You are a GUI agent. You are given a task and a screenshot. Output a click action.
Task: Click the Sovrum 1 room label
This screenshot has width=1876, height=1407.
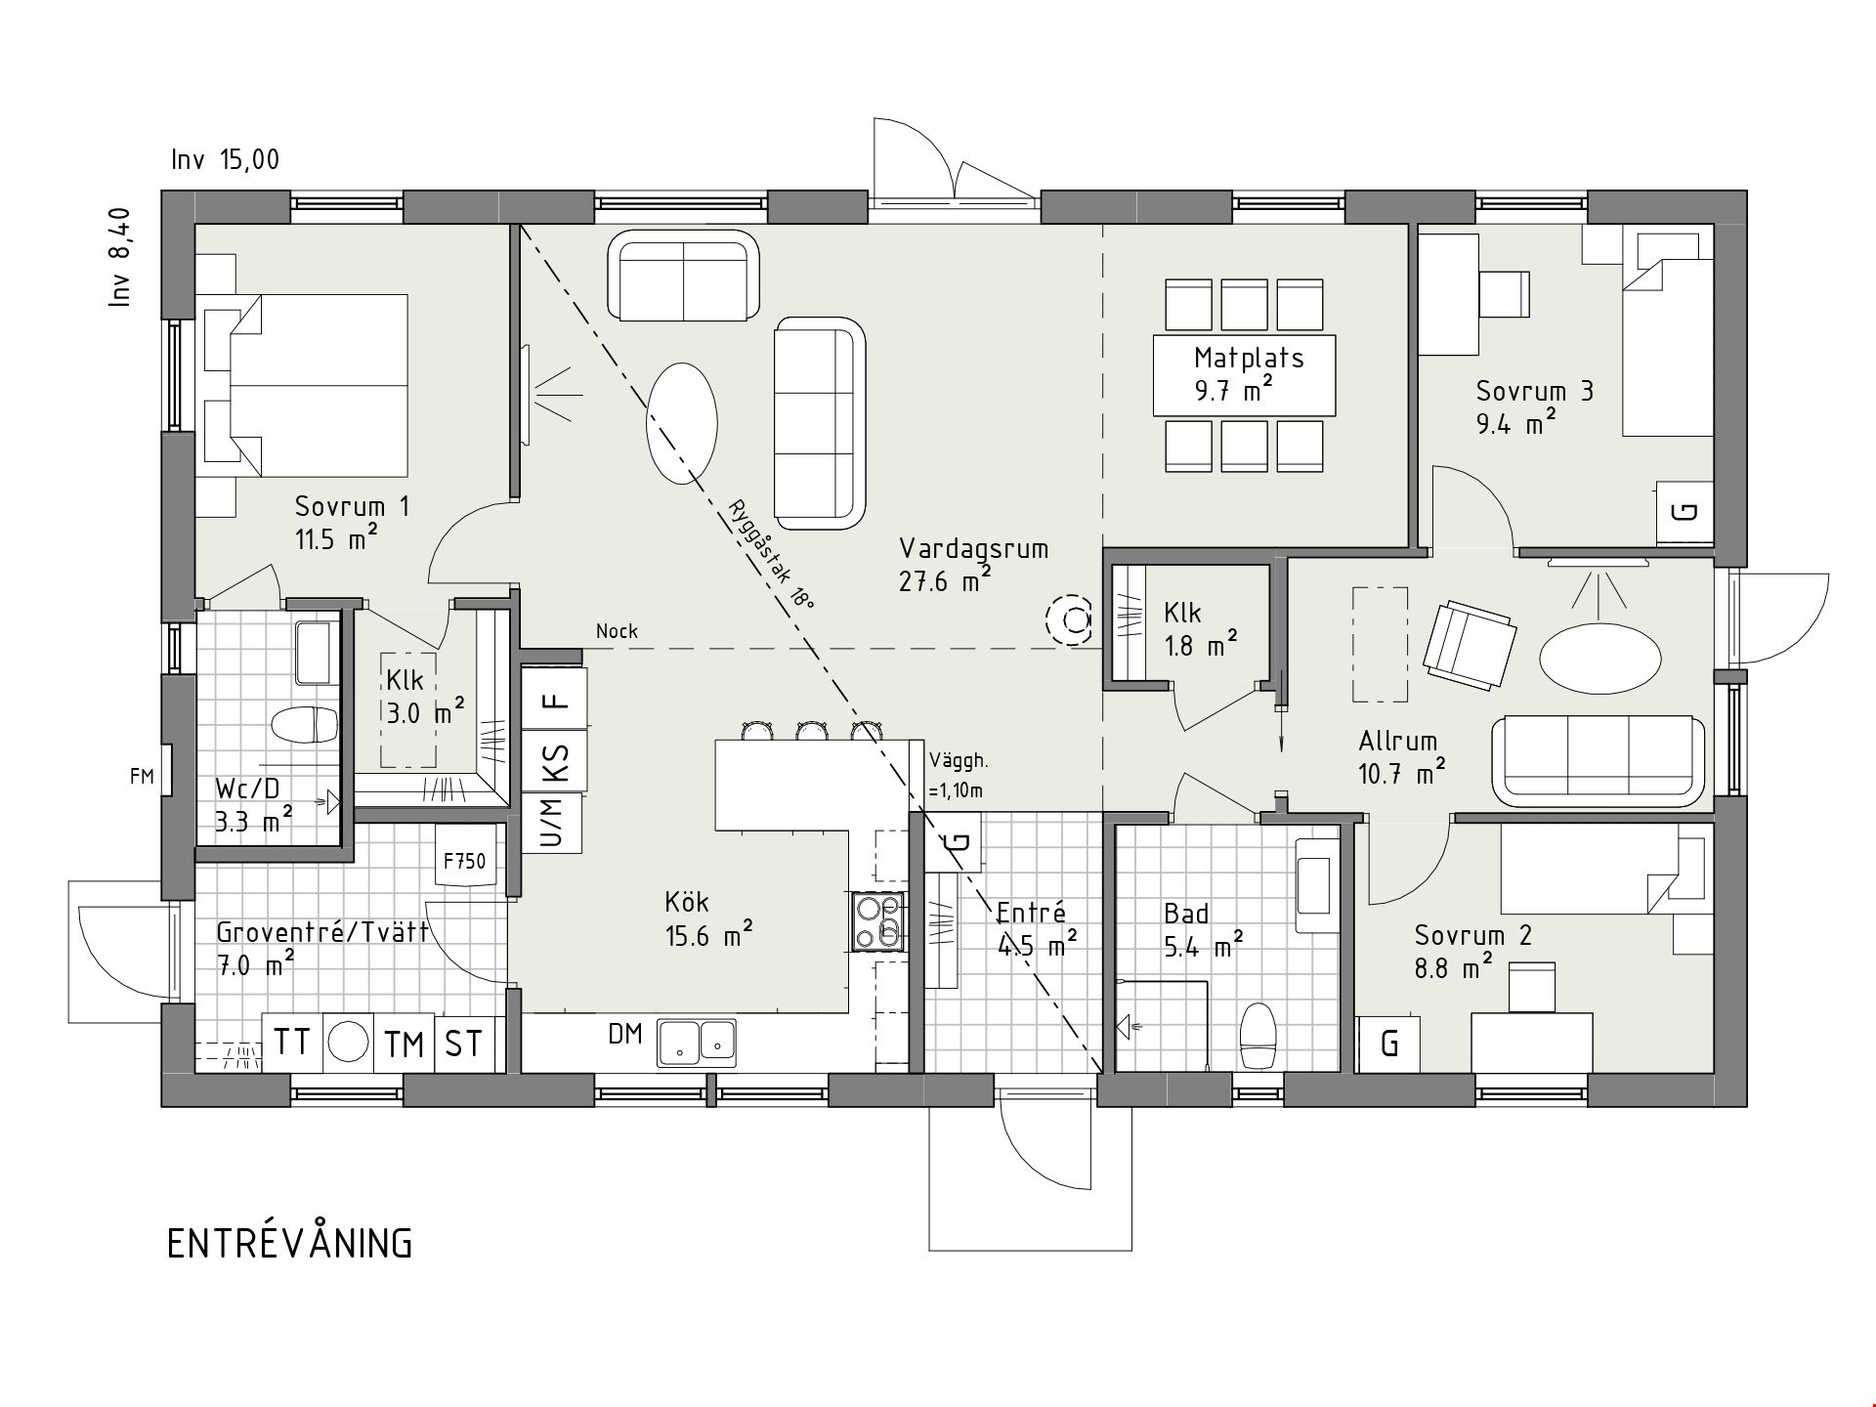(x=352, y=523)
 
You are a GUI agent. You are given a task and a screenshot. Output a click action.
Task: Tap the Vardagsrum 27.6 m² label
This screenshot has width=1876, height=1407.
(x=973, y=565)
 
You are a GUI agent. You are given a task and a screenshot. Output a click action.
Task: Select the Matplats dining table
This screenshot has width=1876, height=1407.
(x=1244, y=375)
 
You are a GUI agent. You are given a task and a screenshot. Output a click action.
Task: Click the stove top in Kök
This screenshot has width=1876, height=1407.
(x=877, y=921)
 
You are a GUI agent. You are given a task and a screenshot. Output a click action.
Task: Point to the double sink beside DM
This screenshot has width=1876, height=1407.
(x=697, y=1042)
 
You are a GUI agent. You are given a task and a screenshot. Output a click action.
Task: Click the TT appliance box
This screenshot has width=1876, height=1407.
(x=292, y=1043)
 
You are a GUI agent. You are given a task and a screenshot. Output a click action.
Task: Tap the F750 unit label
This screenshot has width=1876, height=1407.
(x=464, y=862)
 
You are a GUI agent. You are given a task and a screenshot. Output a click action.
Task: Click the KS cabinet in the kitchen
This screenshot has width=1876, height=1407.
(x=555, y=760)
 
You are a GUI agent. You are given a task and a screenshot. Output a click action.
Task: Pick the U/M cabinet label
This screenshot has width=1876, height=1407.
(x=551, y=823)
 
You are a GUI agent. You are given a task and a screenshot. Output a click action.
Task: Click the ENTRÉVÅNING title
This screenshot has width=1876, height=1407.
(x=290, y=1244)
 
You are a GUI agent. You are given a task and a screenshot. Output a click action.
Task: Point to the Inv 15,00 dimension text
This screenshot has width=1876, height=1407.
(x=226, y=159)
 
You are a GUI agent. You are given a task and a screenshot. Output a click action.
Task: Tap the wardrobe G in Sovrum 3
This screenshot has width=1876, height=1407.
(x=1685, y=512)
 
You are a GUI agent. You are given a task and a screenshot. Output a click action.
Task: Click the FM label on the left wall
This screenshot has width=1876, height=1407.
(x=142, y=777)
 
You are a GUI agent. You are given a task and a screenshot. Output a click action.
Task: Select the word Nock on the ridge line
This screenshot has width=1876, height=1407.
(x=617, y=631)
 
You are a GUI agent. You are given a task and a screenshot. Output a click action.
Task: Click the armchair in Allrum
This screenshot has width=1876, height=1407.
(x=1470, y=646)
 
